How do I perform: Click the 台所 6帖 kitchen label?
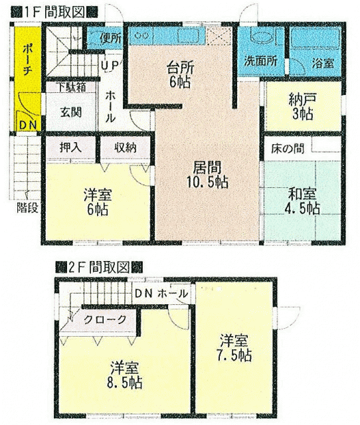(x=180, y=74)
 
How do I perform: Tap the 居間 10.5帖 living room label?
(x=207, y=175)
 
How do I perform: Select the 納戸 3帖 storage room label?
(x=303, y=106)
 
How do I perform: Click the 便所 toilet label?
(x=111, y=38)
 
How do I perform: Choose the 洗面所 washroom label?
(x=260, y=61)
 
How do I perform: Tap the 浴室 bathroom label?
(x=323, y=63)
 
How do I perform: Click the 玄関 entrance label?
(x=71, y=112)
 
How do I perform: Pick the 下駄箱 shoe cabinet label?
(x=71, y=87)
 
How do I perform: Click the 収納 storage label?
(x=125, y=147)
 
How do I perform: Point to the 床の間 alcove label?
(x=288, y=149)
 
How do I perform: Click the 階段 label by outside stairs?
(x=27, y=208)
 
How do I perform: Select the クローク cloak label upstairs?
(x=105, y=319)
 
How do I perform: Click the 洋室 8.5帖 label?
(x=124, y=375)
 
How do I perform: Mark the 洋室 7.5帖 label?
(x=234, y=348)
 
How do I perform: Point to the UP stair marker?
(x=110, y=65)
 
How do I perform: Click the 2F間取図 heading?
(x=99, y=268)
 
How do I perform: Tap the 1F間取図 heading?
(x=54, y=13)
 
